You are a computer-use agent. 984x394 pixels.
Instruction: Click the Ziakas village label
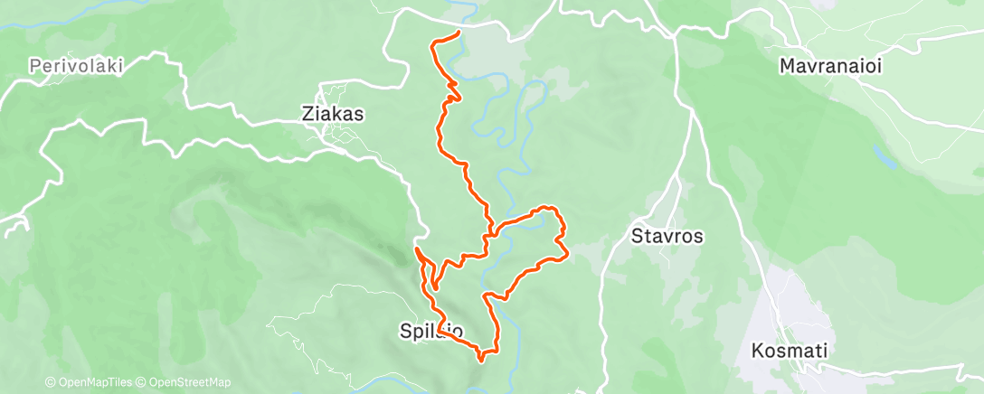[332, 115]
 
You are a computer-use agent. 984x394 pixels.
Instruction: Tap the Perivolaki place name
[75, 66]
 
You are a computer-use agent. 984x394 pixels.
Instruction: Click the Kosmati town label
[790, 350]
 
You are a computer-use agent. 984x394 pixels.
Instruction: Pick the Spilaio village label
[431, 332]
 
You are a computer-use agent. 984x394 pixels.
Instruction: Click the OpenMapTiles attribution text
[90, 382]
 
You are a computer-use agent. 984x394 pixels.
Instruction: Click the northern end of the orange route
[459, 33]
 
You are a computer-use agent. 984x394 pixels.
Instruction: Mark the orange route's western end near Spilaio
[416, 249]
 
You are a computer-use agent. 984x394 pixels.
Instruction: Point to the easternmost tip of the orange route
[566, 256]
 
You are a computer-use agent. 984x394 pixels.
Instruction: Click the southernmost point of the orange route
[481, 358]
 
